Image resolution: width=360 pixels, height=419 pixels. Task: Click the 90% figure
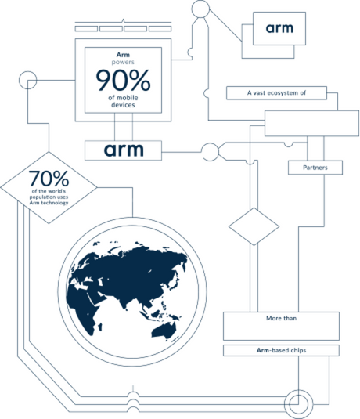pyautogui.click(x=123, y=80)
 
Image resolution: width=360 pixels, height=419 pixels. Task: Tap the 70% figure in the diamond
pyautogui.click(x=49, y=179)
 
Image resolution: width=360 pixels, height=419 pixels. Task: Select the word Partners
pyautogui.click(x=315, y=168)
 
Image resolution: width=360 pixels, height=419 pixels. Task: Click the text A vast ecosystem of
pyautogui.click(x=276, y=92)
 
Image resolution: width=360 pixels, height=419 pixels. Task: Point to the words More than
pyautogui.click(x=281, y=318)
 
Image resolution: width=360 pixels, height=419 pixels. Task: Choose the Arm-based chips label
pyautogui.click(x=281, y=350)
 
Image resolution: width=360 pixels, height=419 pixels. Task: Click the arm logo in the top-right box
pyautogui.click(x=279, y=28)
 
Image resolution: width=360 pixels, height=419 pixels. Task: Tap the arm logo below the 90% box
pyautogui.click(x=124, y=150)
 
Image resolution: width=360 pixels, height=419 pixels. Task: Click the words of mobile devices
pyautogui.click(x=123, y=101)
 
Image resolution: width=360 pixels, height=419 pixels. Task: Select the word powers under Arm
pyautogui.click(x=123, y=62)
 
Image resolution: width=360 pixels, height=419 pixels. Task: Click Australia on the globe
pyautogui.click(x=164, y=331)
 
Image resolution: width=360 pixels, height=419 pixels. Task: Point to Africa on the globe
pyautogui.click(x=83, y=307)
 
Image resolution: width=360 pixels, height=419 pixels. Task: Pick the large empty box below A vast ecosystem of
pyautogui.click(x=311, y=124)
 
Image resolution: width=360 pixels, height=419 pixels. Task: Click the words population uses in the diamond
pyautogui.click(x=49, y=197)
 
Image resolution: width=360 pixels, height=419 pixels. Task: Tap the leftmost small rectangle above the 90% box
pyautogui.click(x=86, y=29)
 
